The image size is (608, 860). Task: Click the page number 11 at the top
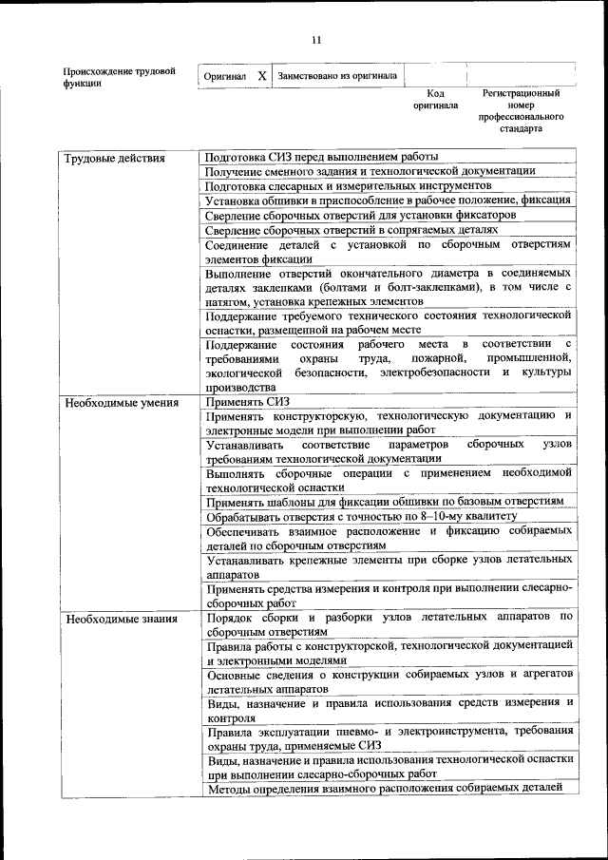click(x=316, y=39)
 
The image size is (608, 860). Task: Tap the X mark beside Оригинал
click(x=261, y=75)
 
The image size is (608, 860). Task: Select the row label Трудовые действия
click(x=114, y=158)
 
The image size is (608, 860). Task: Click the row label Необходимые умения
click(x=122, y=403)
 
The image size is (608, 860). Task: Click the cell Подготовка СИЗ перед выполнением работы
click(x=321, y=158)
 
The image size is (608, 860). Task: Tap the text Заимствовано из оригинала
click(x=337, y=75)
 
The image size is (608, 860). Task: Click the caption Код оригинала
click(x=435, y=100)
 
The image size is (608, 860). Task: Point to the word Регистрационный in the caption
click(x=520, y=94)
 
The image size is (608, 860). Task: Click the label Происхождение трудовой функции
click(x=120, y=76)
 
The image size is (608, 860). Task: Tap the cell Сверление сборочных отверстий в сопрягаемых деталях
click(x=351, y=230)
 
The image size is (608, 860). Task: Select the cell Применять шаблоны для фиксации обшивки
click(x=385, y=501)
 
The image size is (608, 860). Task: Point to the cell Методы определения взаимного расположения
click(x=385, y=787)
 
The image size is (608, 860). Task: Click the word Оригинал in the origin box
click(x=225, y=76)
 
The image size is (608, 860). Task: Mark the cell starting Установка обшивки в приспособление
click(x=388, y=201)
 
